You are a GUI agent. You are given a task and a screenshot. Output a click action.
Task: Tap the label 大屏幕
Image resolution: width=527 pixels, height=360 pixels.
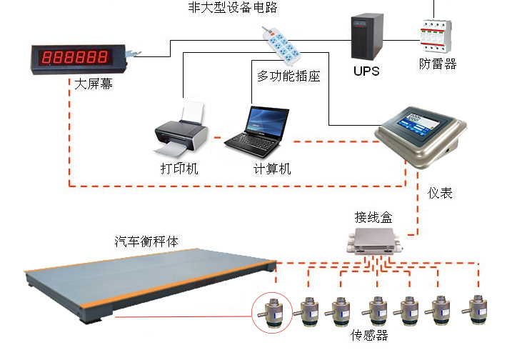tap(94, 84)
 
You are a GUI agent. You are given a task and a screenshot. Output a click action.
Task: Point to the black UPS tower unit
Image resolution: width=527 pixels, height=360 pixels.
tap(366, 37)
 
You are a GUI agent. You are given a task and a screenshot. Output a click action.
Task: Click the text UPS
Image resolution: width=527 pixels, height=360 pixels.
tap(366, 71)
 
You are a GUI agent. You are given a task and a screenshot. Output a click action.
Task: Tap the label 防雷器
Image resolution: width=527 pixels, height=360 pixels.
tap(437, 64)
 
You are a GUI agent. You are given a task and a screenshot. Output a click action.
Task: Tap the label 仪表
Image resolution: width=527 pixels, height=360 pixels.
tap(440, 193)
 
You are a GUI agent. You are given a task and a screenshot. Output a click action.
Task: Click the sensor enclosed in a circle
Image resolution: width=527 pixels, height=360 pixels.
tap(272, 313)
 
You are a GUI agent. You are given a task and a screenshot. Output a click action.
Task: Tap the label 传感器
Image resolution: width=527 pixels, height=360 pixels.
tap(370, 334)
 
